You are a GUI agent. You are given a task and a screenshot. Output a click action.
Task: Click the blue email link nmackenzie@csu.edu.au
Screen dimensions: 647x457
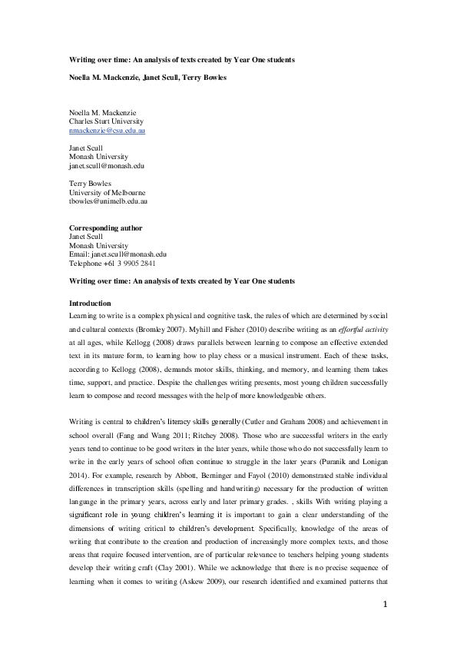108,131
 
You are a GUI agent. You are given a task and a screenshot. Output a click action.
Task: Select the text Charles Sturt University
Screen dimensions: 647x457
106,121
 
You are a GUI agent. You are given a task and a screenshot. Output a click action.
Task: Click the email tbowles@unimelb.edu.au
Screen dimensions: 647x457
108,201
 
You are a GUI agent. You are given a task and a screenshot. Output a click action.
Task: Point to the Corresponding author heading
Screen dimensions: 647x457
105,227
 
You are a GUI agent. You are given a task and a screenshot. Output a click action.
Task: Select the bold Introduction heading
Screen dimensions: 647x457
90,304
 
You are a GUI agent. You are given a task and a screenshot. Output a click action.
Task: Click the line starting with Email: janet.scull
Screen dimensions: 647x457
118,254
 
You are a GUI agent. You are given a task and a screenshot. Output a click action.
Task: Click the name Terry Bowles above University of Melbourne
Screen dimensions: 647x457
90,184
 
